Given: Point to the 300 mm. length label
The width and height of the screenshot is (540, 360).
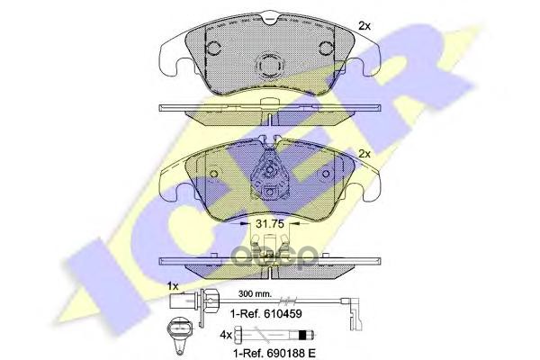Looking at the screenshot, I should pyautogui.click(x=256, y=294).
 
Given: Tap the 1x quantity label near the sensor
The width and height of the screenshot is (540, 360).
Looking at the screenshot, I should pyautogui.click(x=175, y=285).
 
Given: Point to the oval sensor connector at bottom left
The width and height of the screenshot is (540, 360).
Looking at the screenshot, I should pyautogui.click(x=176, y=333).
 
